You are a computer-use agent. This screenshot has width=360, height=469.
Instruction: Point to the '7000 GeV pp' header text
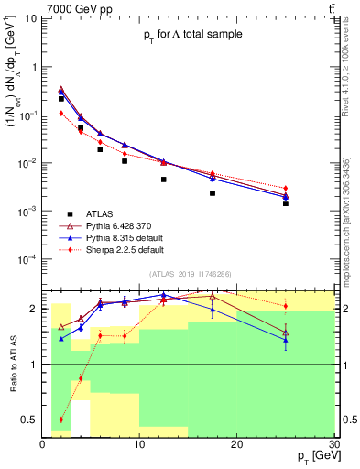click(x=76, y=7)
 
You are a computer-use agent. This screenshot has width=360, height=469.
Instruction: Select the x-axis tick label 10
click(x=139, y=443)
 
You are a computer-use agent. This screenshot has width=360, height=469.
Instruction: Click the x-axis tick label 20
click(x=236, y=443)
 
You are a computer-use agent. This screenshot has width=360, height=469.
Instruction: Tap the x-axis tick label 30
click(x=333, y=443)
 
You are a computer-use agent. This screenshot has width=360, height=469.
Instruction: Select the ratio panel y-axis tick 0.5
click(x=34, y=420)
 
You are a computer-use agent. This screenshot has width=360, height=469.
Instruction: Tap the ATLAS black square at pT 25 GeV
click(x=286, y=203)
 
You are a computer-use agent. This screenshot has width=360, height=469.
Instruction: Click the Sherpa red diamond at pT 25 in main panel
click(x=286, y=189)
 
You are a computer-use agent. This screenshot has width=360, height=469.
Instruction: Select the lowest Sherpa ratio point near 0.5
click(x=61, y=420)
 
